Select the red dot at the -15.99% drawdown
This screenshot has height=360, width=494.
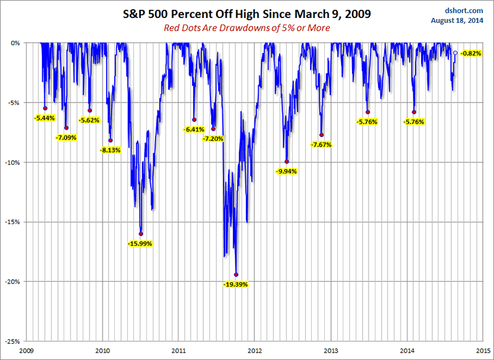(x=141, y=234)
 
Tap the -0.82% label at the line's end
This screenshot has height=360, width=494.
(x=471, y=53)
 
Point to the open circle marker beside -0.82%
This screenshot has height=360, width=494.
(x=456, y=53)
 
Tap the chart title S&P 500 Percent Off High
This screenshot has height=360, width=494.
(x=247, y=12)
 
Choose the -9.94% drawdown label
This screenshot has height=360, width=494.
(x=287, y=171)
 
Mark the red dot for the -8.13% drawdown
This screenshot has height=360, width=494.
(x=111, y=140)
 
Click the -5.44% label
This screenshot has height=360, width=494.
(x=45, y=118)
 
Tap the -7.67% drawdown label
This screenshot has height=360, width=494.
(x=322, y=144)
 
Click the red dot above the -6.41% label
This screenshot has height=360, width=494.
(x=194, y=120)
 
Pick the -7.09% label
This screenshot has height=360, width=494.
(x=66, y=137)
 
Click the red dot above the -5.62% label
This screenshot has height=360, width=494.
(x=90, y=111)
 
